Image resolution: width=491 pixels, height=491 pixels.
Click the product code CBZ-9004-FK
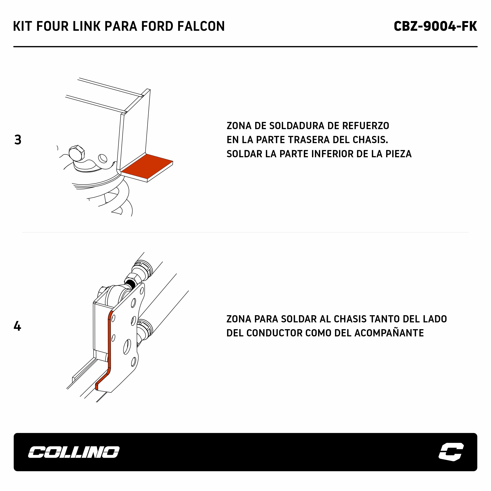[x=435, y=26]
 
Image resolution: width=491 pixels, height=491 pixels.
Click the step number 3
[x=18, y=140]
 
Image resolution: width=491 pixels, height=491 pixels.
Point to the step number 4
[x=17, y=326]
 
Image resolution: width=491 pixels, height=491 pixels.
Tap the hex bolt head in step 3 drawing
[x=77, y=153]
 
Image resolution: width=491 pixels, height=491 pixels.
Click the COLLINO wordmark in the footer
[x=74, y=452]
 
